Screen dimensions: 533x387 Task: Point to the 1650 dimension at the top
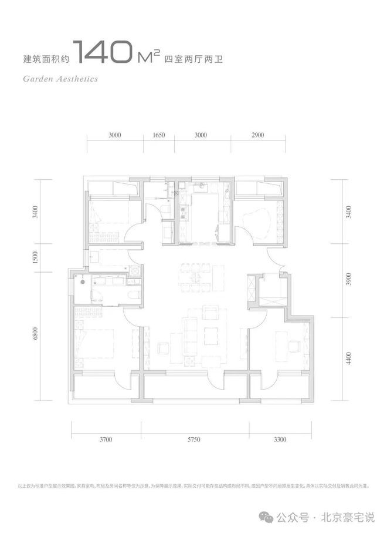tap(158, 135)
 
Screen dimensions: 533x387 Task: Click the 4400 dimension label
tap(350, 357)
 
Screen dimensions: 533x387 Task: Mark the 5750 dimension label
tap(196, 439)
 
